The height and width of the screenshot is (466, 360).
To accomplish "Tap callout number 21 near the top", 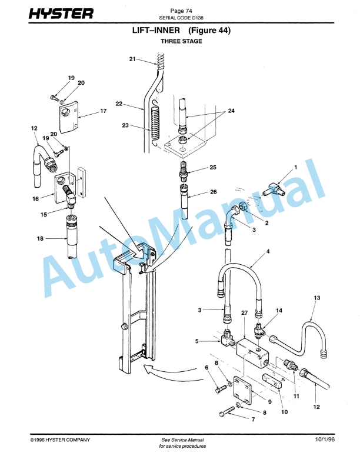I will pos(132,59).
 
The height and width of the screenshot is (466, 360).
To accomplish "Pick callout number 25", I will pos(212,168).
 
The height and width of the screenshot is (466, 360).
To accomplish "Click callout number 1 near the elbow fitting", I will pos(295,167).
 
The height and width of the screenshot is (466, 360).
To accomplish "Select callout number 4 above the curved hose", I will pos(268,252).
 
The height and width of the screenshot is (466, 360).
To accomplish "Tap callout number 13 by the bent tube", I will pos(316,299).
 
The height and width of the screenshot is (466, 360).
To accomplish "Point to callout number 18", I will pos(40,239).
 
